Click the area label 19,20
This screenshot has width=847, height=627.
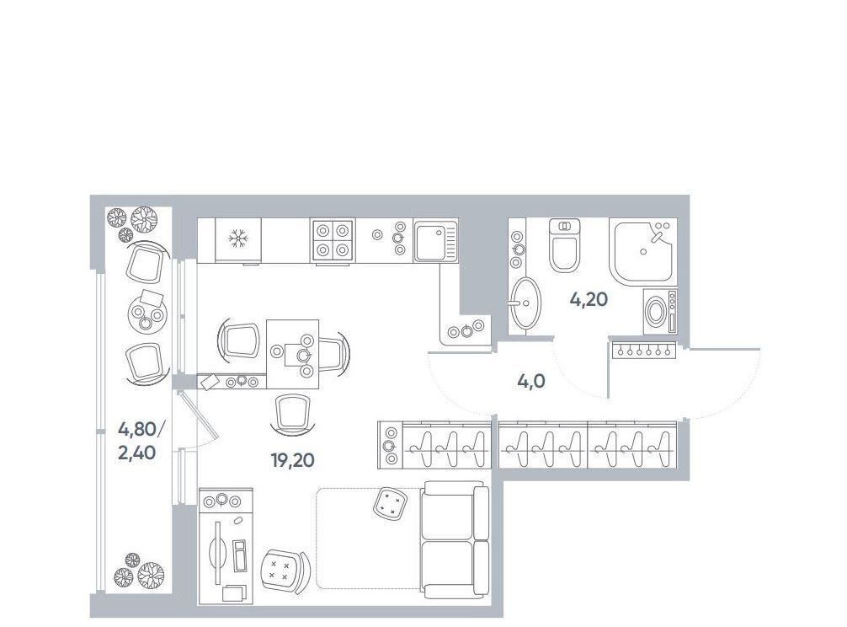pos(292,460)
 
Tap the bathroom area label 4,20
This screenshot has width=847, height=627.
pos(589,299)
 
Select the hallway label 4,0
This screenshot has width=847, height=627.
pos(531,382)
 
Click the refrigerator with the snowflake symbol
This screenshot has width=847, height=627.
pos(237,240)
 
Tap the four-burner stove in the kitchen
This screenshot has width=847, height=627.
pos(332,240)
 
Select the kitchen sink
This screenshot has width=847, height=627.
pos(435,241)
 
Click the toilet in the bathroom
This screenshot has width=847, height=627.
pos(564,245)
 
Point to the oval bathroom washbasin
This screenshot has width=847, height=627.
pos(525,303)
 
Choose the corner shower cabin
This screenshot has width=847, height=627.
pos(642,251)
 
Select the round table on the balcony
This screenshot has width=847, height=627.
pos(147,313)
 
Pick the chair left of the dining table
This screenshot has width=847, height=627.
pos(237,340)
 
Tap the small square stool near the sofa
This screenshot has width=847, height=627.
pos(390,504)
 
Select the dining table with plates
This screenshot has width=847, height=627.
pos(292,354)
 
